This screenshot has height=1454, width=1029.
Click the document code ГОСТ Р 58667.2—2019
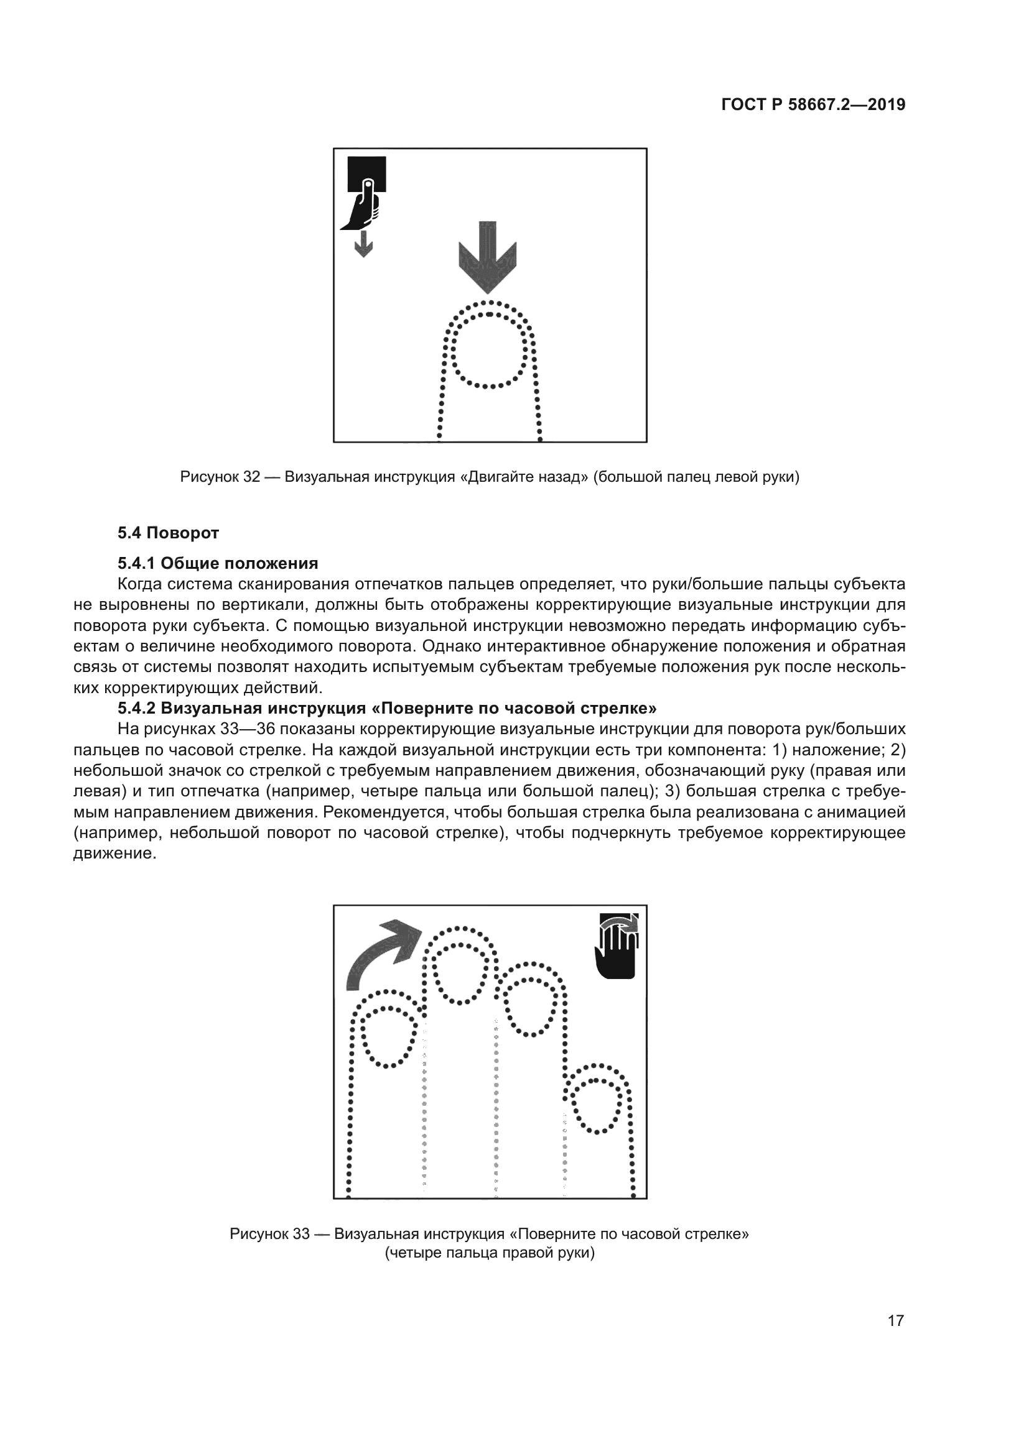tap(813, 104)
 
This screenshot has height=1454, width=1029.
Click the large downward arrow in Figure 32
tap(487, 257)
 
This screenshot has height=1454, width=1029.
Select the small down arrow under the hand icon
tap(363, 243)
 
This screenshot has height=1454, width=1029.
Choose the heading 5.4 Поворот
tap(168, 533)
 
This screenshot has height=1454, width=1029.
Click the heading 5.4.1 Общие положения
tap(217, 563)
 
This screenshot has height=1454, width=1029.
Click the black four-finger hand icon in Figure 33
tap(616, 946)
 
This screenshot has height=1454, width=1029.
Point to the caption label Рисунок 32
tap(220, 477)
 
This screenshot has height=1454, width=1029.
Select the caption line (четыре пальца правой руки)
tap(489, 1253)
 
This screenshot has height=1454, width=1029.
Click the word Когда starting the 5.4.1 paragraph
tap(141, 584)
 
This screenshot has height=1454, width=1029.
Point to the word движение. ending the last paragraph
tap(114, 854)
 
